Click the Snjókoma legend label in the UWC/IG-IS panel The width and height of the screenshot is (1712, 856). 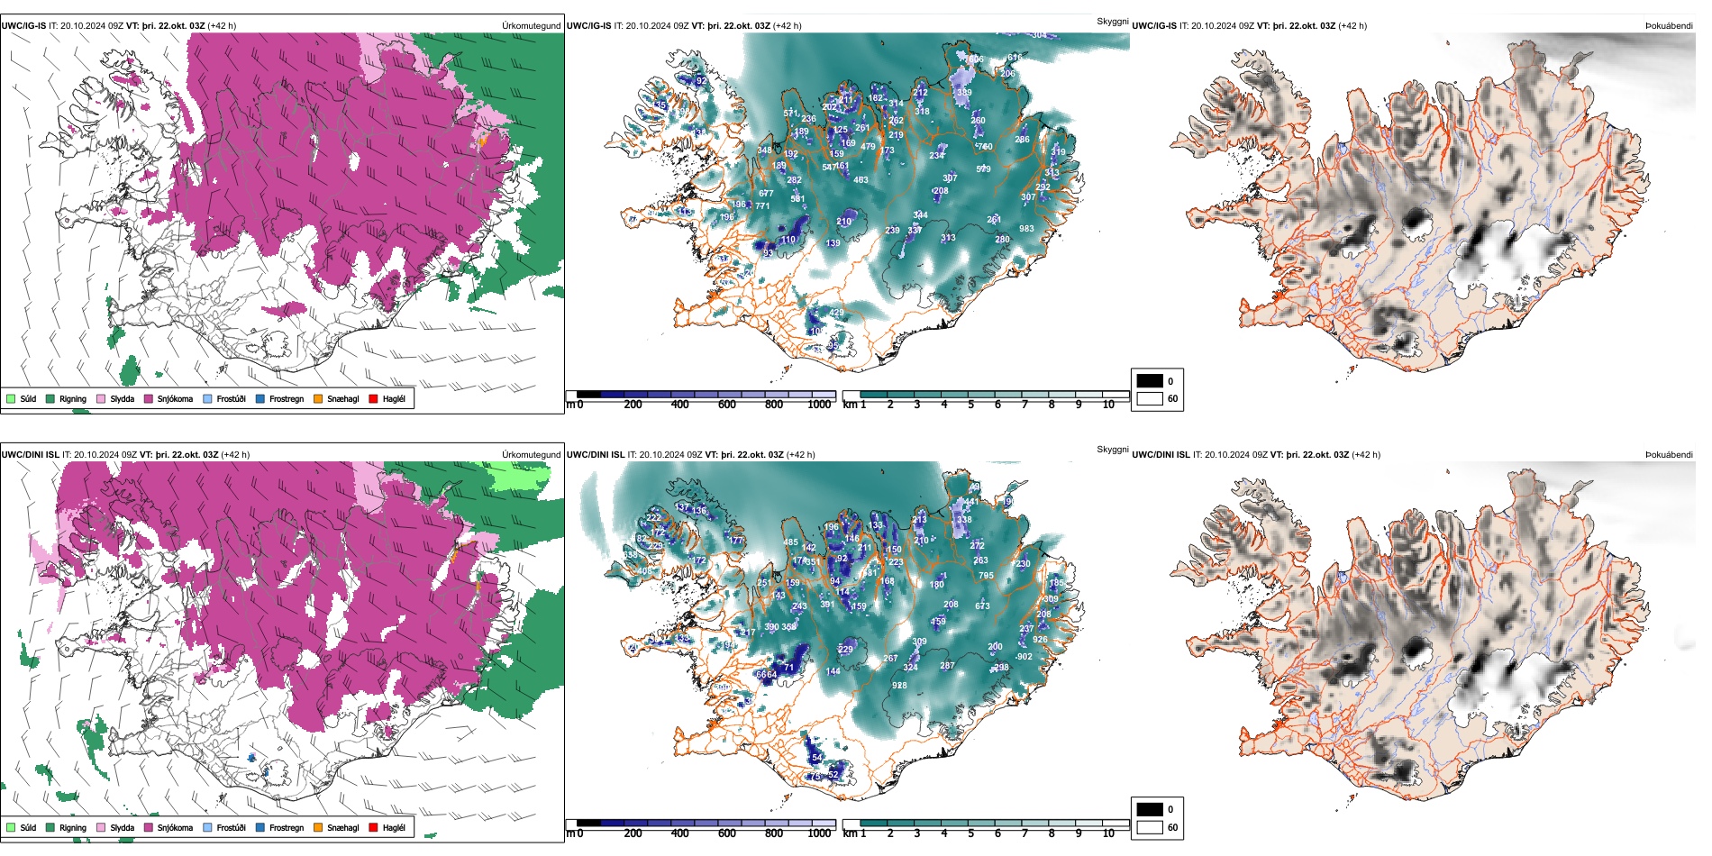(x=175, y=398)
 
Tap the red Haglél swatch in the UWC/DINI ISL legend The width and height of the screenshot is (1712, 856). (x=373, y=827)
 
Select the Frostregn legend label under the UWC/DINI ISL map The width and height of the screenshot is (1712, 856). (x=286, y=827)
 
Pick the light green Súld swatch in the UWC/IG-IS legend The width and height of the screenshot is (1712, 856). (x=11, y=398)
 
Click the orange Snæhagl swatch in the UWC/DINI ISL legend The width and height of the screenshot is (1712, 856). (x=318, y=827)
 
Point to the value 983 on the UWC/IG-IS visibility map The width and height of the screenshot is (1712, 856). (x=1026, y=229)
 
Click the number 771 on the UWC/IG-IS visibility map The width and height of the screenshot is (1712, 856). (x=762, y=206)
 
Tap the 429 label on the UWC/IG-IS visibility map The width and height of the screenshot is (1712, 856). (x=836, y=314)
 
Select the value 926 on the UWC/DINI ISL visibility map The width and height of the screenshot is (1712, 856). (x=1040, y=640)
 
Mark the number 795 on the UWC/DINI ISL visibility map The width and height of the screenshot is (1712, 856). (x=986, y=576)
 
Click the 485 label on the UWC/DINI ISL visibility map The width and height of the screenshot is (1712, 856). (x=790, y=542)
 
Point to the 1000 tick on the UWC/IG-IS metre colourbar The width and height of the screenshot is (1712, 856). (x=819, y=405)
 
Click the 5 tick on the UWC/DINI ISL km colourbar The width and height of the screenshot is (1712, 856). (x=970, y=833)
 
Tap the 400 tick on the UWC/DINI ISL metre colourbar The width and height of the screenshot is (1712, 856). (x=679, y=833)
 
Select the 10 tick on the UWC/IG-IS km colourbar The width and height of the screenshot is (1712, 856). (x=1108, y=405)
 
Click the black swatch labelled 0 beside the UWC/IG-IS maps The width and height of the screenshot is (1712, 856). (x=1150, y=381)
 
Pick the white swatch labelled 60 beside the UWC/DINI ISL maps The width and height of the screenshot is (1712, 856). (x=1150, y=827)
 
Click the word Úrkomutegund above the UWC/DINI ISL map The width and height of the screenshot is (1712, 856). (x=531, y=454)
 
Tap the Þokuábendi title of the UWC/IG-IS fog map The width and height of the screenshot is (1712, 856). (x=1669, y=25)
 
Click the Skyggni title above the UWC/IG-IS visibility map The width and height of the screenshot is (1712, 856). (x=1112, y=21)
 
